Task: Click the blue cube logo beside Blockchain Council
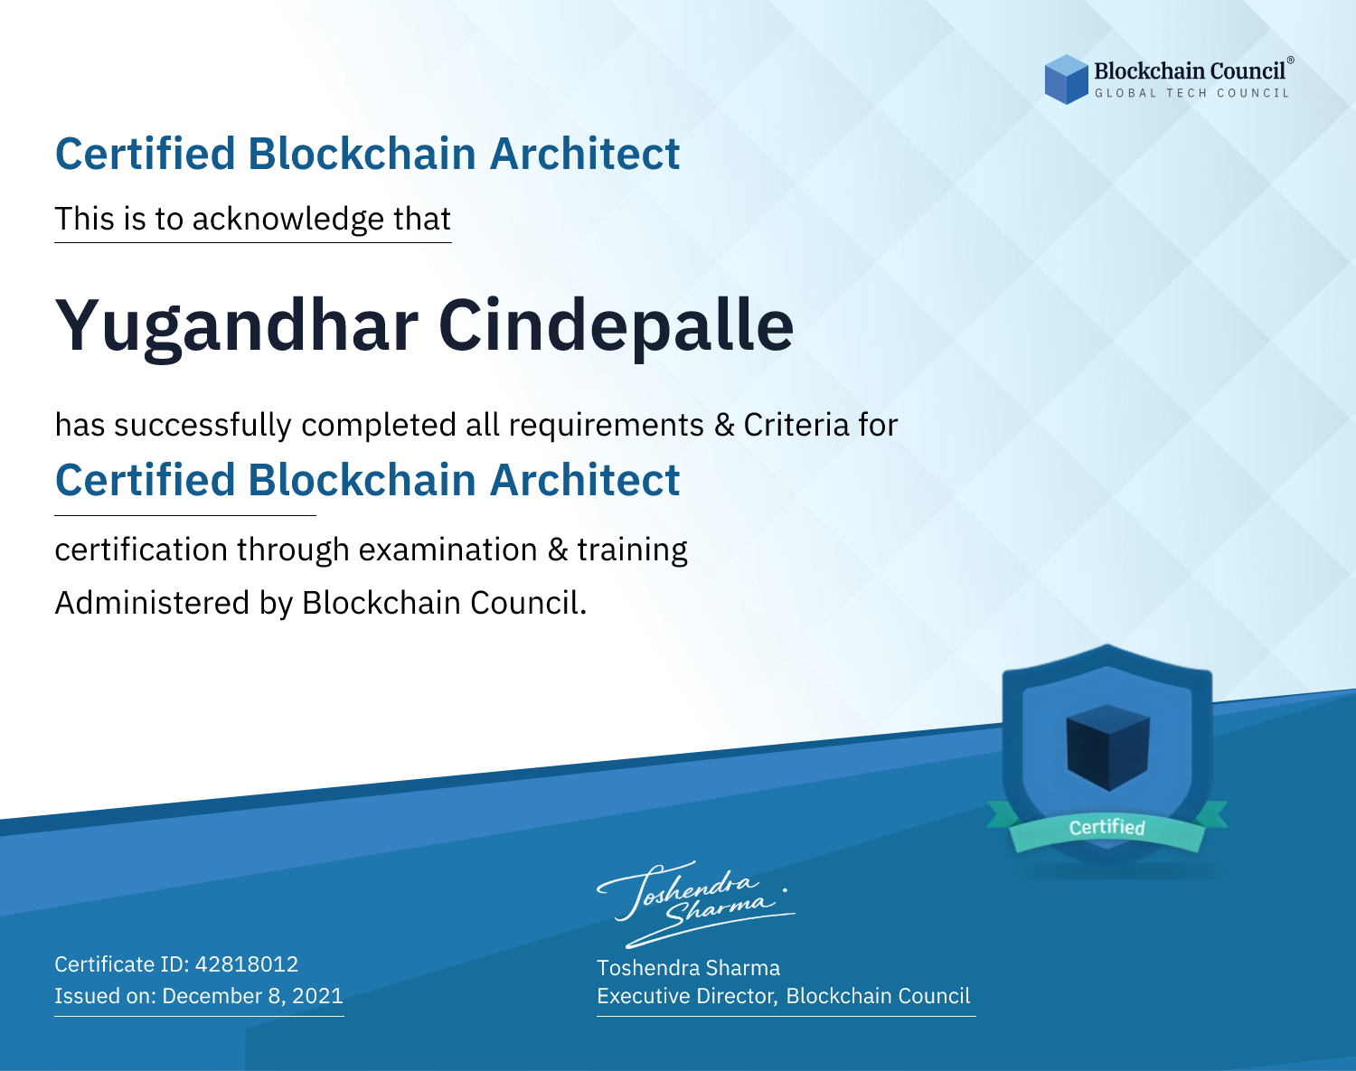(1066, 80)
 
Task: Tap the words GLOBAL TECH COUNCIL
(1192, 93)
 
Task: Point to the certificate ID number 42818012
(247, 963)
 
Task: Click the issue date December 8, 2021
(253, 995)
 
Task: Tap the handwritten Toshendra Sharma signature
(695, 904)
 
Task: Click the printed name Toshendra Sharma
(688, 968)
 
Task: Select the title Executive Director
(686, 996)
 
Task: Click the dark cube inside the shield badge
(1107, 747)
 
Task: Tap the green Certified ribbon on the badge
(1107, 827)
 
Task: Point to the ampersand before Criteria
(724, 426)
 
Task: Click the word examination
(448, 550)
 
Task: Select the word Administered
(153, 603)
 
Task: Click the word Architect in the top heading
(585, 154)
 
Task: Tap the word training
(632, 550)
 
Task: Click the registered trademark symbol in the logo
(1290, 61)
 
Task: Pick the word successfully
(202, 426)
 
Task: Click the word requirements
(607, 426)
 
